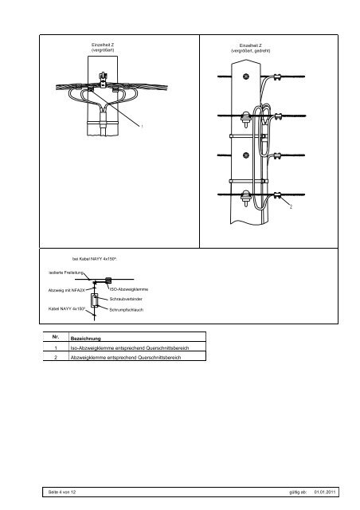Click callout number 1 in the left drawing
pos(142,126)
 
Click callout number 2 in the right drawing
pos(291,207)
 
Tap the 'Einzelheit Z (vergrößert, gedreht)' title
pos(250,48)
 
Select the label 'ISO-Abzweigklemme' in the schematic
pos(129,289)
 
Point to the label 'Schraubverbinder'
pos(126,299)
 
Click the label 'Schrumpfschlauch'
pos(126,310)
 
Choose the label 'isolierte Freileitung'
pos(66,273)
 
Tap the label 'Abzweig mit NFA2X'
pos(66,290)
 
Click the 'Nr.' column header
pos(56,337)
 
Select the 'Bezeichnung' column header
pos(85,338)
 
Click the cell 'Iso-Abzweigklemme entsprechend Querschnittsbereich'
pos(130,347)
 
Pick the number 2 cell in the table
pos(56,357)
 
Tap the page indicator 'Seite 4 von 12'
pos(62,492)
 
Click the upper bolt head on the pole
pos(246,76)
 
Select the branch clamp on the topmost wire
pos(277,77)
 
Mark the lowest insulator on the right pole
pos(245,198)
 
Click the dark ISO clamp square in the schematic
pos(108,280)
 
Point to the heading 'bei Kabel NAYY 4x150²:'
pos(95,259)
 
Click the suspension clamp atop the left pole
pos(103,80)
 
